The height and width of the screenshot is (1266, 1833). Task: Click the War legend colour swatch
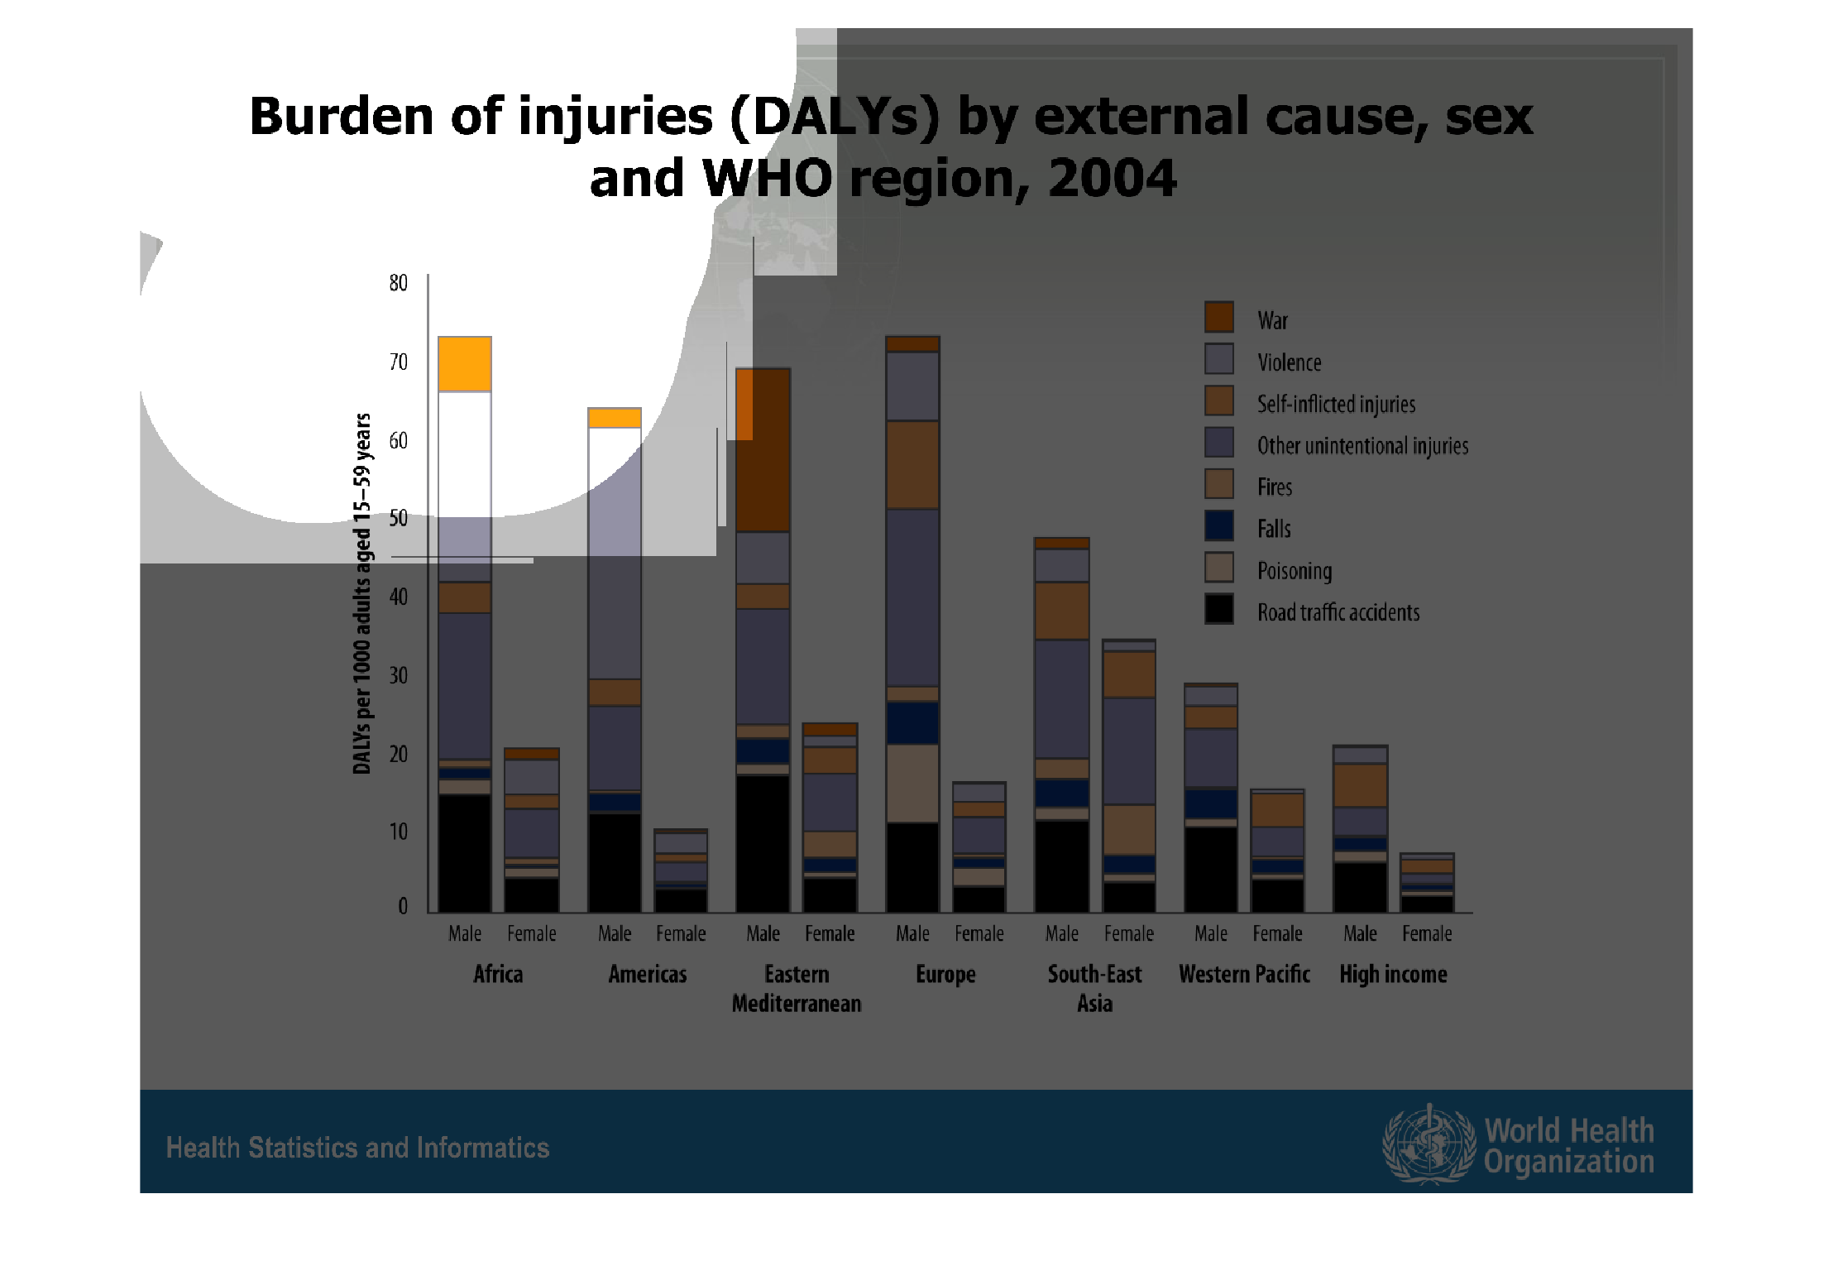coord(1218,317)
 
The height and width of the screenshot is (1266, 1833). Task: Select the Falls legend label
coord(1274,529)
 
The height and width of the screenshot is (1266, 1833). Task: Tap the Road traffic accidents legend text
coord(1338,612)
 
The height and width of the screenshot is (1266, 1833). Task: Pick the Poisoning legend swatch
coord(1218,568)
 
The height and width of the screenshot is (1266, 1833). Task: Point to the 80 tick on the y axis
coord(398,283)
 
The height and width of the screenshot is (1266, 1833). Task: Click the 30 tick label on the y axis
coord(398,675)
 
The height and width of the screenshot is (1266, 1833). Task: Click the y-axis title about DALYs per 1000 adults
coord(361,593)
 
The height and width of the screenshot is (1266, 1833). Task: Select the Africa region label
coord(498,974)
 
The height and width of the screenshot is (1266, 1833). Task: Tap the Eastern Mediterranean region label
coord(797,989)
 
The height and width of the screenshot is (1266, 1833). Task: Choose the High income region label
coord(1393,975)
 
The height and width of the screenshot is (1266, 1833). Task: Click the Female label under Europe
coord(979,933)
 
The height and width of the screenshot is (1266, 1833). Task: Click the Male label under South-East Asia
coord(1061,933)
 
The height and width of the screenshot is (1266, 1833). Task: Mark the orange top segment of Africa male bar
coord(465,364)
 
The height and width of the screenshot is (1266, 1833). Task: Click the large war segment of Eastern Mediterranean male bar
coord(763,449)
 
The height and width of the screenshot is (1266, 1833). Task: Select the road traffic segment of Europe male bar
coord(912,868)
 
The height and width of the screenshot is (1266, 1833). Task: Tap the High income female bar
coord(1427,883)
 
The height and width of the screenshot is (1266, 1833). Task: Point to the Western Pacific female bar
coord(1278,851)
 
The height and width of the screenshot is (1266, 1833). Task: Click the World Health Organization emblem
coord(1429,1144)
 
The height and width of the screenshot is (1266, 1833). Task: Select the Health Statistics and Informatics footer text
coord(357,1148)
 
